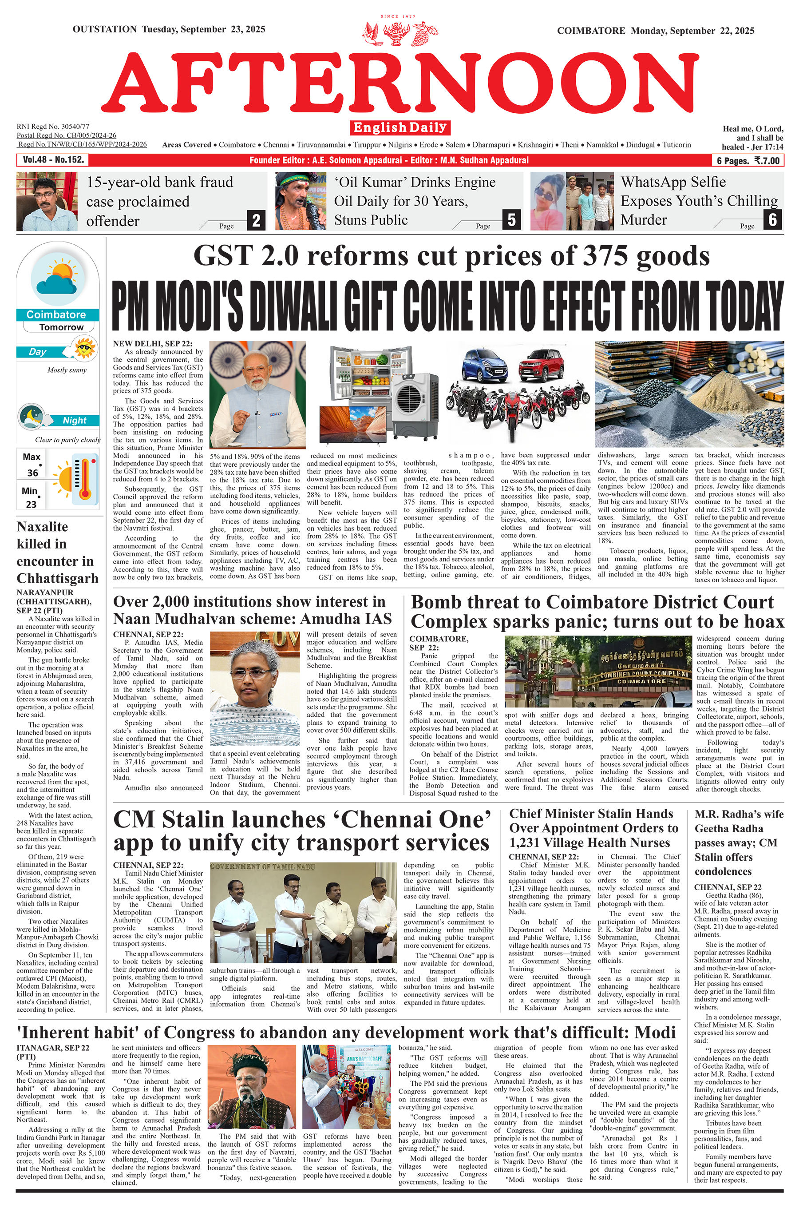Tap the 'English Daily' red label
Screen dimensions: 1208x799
pyautogui.click(x=400, y=127)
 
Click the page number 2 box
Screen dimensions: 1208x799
pyautogui.click(x=256, y=220)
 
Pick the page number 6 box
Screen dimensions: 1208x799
pyautogui.click(x=772, y=220)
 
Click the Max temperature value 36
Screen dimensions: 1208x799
pyautogui.click(x=32, y=473)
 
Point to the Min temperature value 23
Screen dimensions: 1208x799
pyautogui.click(x=31, y=504)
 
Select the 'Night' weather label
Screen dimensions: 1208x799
pyautogui.click(x=75, y=421)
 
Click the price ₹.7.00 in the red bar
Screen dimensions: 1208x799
pyautogui.click(x=767, y=161)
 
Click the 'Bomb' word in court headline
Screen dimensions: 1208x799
pyautogui.click(x=435, y=603)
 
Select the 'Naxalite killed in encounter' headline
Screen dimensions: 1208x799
pyautogui.click(x=56, y=552)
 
